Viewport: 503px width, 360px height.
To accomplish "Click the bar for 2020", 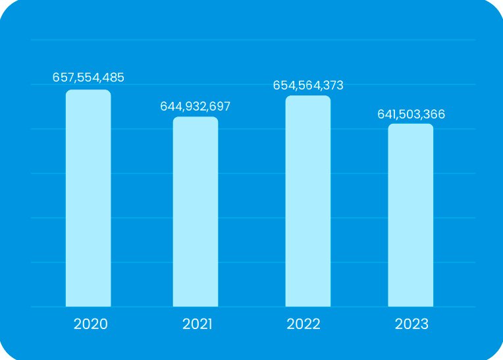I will tap(88, 197).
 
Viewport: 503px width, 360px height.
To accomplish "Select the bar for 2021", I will tap(196, 211).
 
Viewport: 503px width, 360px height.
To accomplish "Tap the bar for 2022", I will tap(307, 201).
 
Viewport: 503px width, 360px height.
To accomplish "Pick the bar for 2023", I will tap(410, 215).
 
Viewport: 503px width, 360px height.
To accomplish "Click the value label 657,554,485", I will tap(88, 77).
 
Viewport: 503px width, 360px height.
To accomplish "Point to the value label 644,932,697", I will tap(196, 106).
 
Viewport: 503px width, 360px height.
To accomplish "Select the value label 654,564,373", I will tap(307, 85).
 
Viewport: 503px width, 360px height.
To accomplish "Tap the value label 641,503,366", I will tap(411, 114).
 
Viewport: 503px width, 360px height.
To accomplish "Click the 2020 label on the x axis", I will tap(90, 324).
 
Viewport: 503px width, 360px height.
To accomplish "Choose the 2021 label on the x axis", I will tap(197, 324).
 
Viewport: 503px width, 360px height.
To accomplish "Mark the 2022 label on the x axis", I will tap(304, 324).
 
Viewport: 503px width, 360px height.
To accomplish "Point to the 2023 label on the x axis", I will tap(411, 324).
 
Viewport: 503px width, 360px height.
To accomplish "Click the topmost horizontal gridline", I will tap(253, 40).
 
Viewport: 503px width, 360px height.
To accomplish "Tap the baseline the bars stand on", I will tap(253, 307).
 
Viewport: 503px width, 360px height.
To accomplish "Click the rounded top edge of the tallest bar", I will tap(88, 91).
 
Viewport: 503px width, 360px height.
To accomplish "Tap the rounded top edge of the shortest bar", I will tap(410, 125).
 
